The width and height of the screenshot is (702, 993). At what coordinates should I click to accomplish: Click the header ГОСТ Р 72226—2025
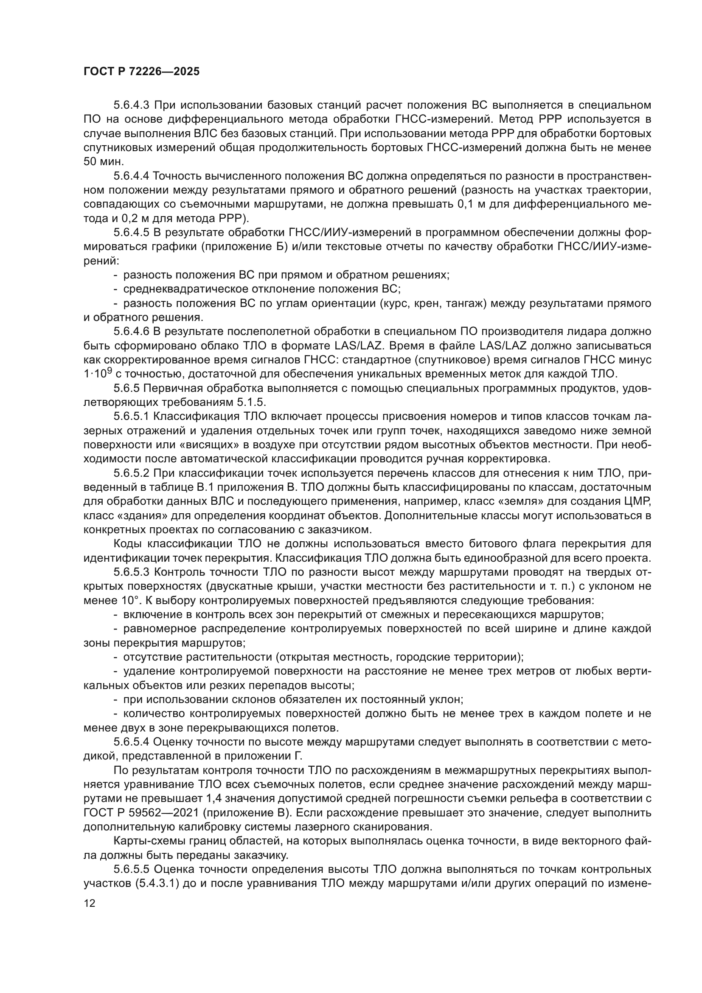[141, 72]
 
